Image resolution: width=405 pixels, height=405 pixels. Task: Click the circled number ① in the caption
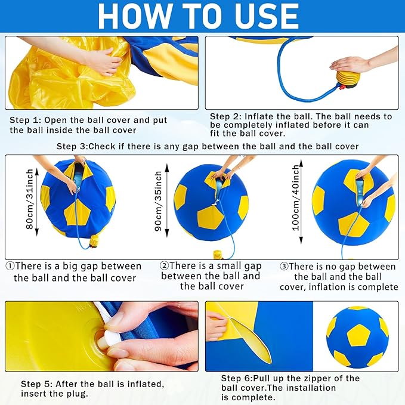10,266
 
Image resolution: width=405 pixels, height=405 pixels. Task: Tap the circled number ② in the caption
164,265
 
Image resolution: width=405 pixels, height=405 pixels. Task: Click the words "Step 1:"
26,119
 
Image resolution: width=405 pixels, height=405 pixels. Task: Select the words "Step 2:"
226,117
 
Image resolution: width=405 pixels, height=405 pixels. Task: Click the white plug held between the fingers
98,339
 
